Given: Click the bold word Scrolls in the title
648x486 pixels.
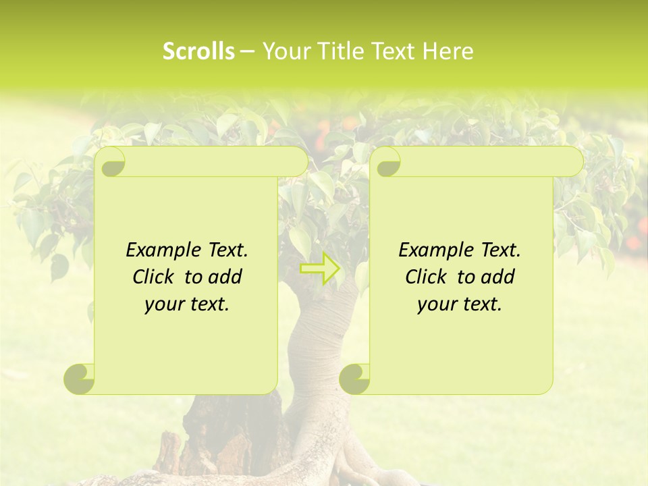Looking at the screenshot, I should click(199, 51).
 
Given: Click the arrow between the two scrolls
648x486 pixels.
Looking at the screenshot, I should click(320, 269).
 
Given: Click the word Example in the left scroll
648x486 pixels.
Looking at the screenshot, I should click(160, 250).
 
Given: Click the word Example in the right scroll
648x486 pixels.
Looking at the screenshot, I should click(433, 250).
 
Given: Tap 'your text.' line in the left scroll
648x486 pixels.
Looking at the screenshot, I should click(187, 304).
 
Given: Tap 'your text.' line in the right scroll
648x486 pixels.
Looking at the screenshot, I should click(460, 304).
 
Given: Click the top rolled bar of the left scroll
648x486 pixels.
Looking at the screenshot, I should click(209, 161).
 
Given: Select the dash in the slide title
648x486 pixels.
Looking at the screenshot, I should click(247, 51).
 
